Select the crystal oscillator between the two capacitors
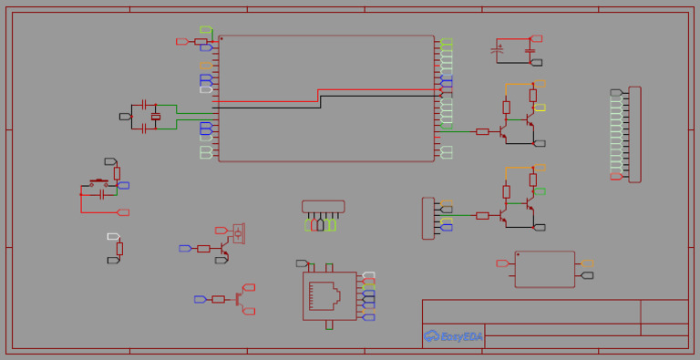(156, 117)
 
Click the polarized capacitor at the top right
(499, 49)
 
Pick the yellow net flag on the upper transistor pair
(540, 108)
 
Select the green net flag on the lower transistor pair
(540, 191)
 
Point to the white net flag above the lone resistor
(113, 236)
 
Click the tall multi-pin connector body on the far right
(634, 134)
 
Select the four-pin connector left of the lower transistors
(427, 218)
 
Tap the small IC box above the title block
(544, 269)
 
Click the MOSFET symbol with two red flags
(238, 298)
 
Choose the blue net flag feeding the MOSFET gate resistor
(201, 299)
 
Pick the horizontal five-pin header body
(324, 207)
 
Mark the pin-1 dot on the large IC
(221, 39)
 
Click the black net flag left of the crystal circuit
(125, 117)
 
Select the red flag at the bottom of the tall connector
(616, 177)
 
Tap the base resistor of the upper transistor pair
(482, 132)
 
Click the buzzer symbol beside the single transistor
(239, 233)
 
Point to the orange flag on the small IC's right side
(587, 263)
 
